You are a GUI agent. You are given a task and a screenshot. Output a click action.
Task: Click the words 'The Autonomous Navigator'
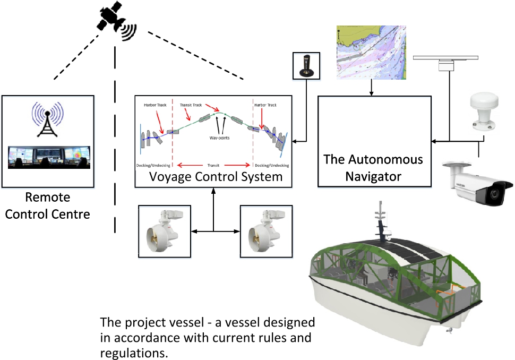click(374, 168)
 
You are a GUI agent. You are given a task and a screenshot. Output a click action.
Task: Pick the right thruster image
click(266, 232)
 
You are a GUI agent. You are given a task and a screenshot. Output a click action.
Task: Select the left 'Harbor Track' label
click(156, 105)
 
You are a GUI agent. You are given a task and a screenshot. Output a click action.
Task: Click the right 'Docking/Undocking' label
click(272, 165)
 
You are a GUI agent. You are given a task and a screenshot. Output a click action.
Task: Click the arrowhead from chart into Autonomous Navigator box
click(374, 94)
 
